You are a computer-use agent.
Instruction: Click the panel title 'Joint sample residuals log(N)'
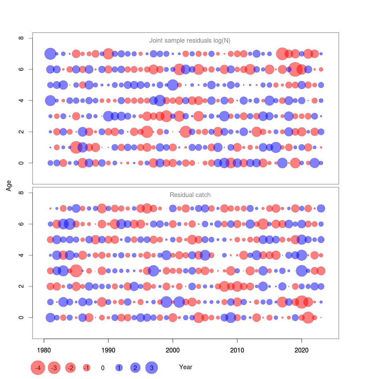click(x=189, y=40)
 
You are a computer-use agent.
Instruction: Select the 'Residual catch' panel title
click(x=190, y=195)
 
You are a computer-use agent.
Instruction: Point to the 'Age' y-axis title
click(x=9, y=185)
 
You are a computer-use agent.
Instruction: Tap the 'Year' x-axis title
click(x=185, y=367)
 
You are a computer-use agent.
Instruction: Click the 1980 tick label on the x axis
click(x=44, y=350)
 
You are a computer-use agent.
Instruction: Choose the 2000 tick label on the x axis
click(x=173, y=350)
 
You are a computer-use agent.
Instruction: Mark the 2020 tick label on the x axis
click(x=302, y=350)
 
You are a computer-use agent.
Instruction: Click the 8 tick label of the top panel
click(x=21, y=38)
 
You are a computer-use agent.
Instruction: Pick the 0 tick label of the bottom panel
click(x=21, y=317)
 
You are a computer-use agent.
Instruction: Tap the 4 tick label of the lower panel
click(x=21, y=255)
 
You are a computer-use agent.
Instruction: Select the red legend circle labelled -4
click(x=38, y=368)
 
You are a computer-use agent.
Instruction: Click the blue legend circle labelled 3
click(x=152, y=368)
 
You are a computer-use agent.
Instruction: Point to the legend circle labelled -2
click(x=70, y=368)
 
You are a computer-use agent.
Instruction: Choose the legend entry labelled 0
click(x=103, y=368)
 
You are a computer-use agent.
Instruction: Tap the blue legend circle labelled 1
click(x=119, y=368)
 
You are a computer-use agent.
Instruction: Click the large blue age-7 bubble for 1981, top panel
click(x=50, y=54)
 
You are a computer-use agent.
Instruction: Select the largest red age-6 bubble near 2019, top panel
click(x=295, y=69)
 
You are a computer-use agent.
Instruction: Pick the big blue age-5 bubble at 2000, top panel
click(x=173, y=85)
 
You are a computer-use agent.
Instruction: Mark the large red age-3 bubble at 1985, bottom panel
click(x=76, y=271)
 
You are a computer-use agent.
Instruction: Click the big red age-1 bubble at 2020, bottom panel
click(x=302, y=302)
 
